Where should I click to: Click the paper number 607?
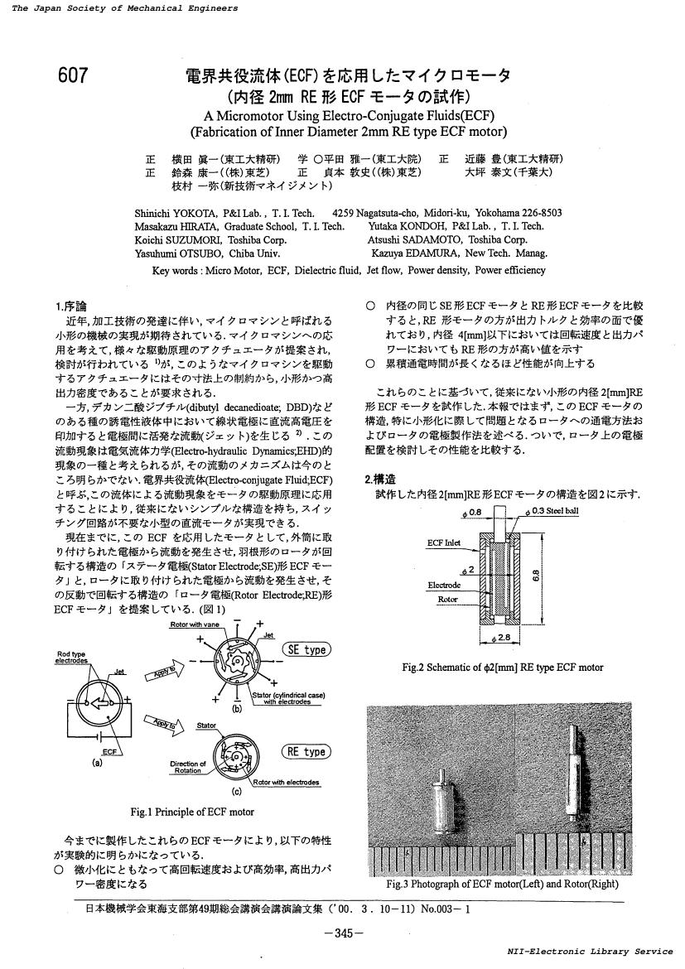coord(73,76)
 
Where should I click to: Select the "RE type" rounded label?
coord(306,752)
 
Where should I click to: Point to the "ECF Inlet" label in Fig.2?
coord(444,543)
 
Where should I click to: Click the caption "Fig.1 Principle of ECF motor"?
coord(192,812)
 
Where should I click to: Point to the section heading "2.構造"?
coord(380,480)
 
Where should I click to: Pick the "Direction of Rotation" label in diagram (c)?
coord(188,767)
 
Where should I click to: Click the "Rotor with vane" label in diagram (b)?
coord(191,624)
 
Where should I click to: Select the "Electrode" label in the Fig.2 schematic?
coord(445,586)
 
